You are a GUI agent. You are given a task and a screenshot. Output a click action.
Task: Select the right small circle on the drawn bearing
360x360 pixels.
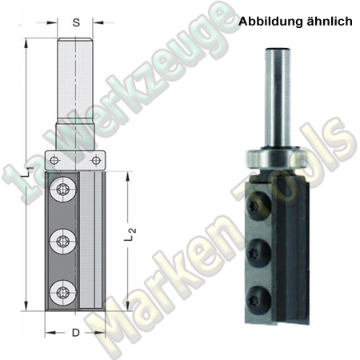(100, 160)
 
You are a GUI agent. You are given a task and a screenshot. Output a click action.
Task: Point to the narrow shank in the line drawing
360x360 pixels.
(76, 80)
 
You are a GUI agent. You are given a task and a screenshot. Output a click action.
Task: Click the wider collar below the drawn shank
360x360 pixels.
(76, 136)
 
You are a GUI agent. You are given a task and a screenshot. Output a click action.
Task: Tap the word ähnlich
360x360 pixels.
(328, 23)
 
